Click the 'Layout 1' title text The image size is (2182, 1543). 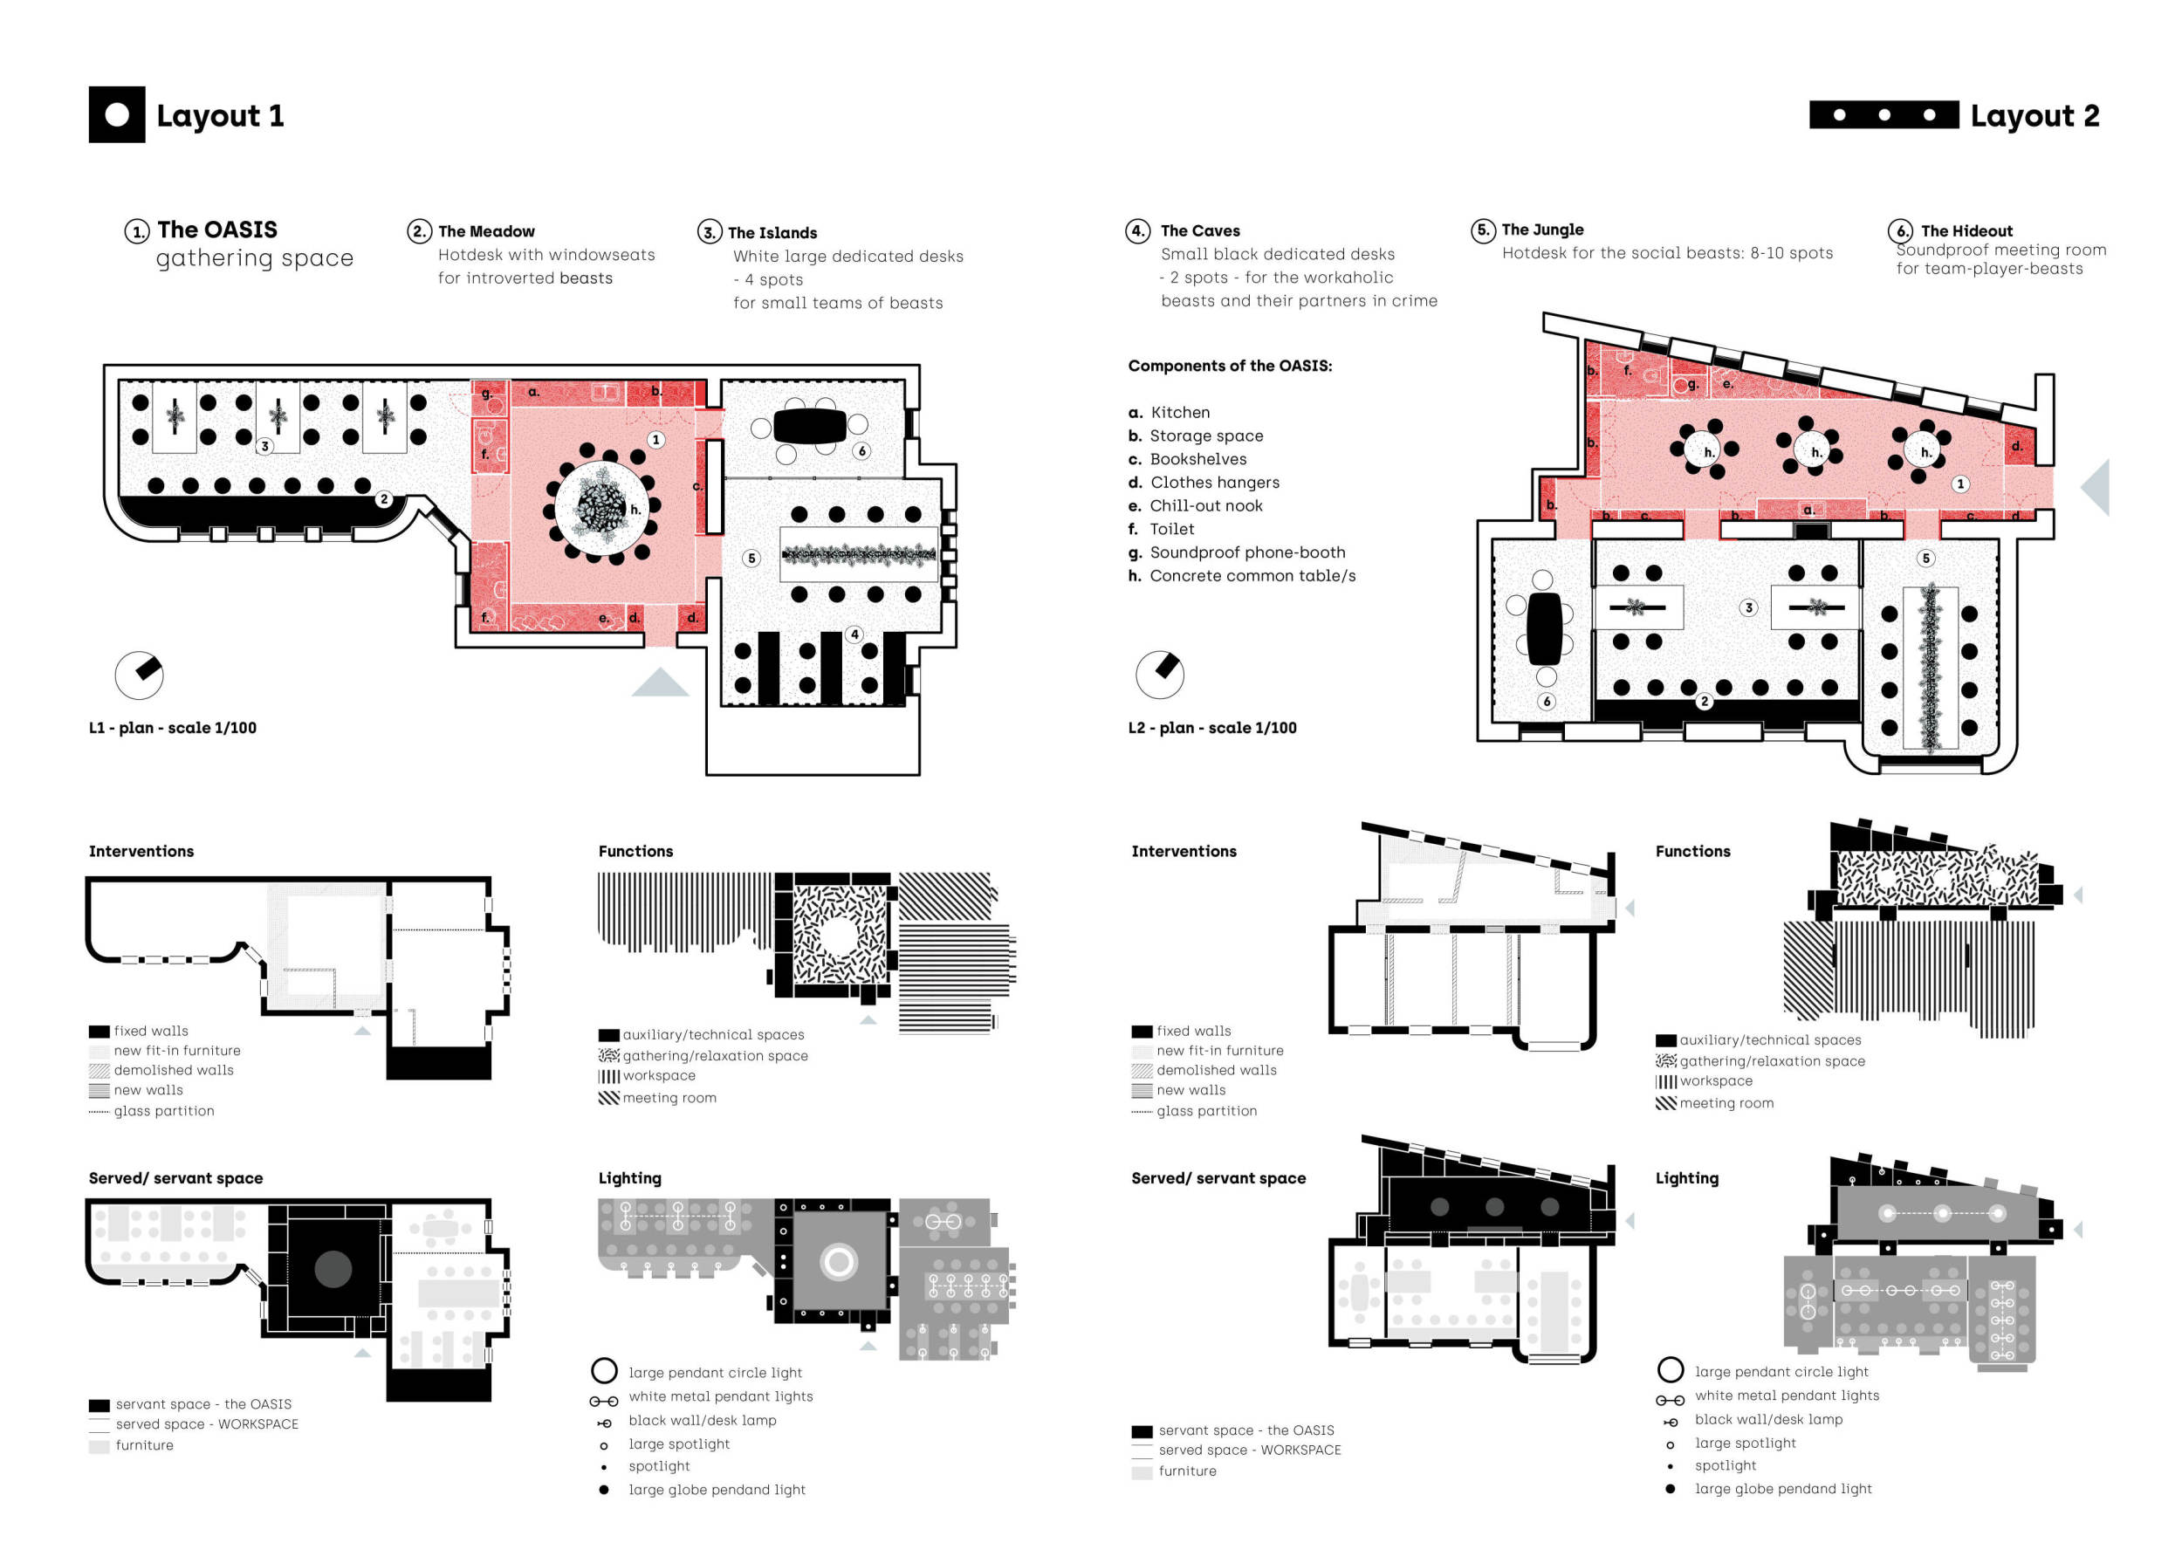(x=220, y=116)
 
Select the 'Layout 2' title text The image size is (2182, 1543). (x=2034, y=116)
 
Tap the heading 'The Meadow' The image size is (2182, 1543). (x=485, y=232)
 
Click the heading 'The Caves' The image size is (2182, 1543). (x=1199, y=231)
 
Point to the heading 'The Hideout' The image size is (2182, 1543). (x=1966, y=231)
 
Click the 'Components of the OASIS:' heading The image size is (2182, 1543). (x=1230, y=366)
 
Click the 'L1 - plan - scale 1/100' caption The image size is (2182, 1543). (x=173, y=728)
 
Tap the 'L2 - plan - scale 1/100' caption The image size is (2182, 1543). (x=1211, y=728)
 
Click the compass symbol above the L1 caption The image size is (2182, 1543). (x=140, y=675)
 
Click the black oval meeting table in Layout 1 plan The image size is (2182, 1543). (x=810, y=426)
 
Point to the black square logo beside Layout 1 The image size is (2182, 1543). (x=117, y=115)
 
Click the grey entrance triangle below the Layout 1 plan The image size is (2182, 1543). (x=660, y=684)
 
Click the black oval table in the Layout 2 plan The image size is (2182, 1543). (x=1544, y=628)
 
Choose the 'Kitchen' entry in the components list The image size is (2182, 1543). (x=1179, y=412)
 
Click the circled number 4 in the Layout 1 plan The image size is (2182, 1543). (x=854, y=634)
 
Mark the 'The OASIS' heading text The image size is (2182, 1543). (x=217, y=230)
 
